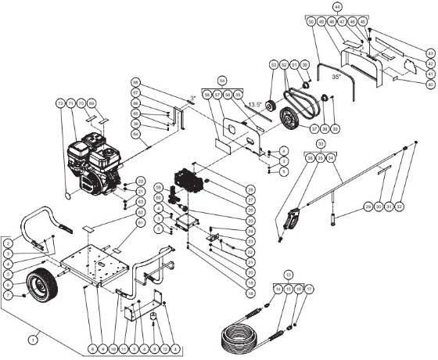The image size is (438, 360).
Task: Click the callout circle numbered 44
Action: coord(337,5)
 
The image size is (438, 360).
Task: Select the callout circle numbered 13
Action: coord(289,275)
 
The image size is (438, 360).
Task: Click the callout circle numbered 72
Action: coord(59,103)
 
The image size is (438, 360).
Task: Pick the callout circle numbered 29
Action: coord(366,207)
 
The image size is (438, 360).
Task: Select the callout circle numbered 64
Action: coord(135,134)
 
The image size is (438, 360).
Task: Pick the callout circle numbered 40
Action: coord(429,84)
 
